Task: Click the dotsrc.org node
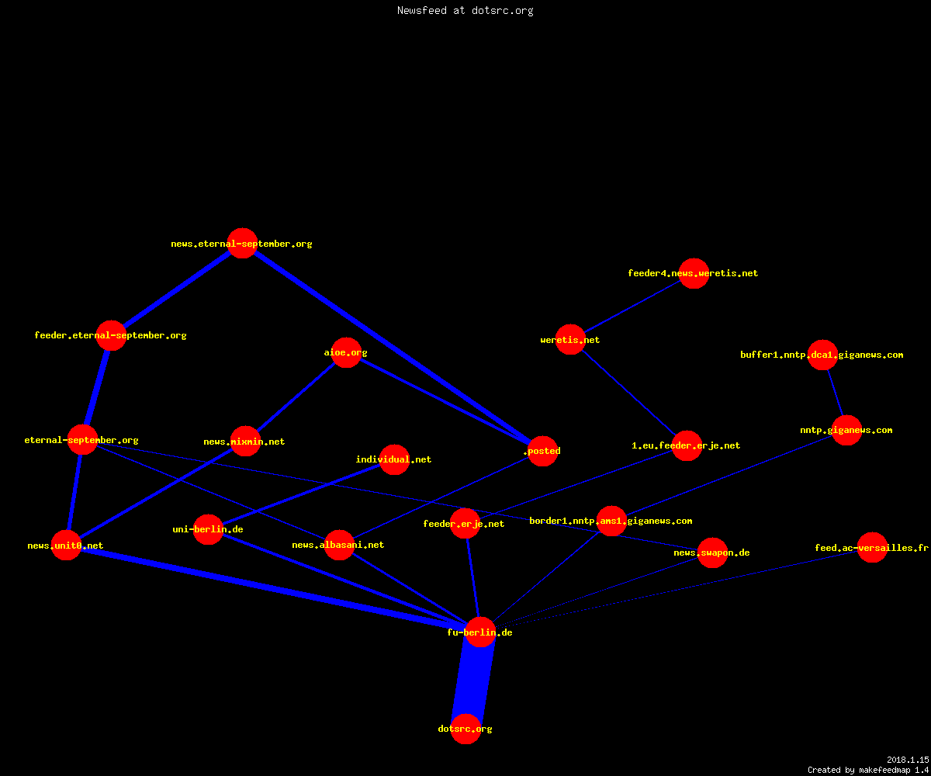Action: (x=465, y=729)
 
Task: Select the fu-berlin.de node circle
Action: (x=480, y=632)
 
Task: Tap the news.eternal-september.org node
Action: (x=242, y=243)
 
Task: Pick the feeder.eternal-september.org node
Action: (x=111, y=335)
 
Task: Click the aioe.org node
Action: (x=346, y=353)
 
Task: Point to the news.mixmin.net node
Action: (x=245, y=441)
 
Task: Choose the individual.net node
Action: (x=394, y=459)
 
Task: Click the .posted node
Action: (x=542, y=451)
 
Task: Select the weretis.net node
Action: (x=570, y=339)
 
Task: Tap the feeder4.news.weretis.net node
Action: (x=694, y=273)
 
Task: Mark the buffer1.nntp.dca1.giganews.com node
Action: (x=822, y=355)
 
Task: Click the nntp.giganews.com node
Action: (x=846, y=431)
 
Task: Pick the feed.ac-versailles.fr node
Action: (x=872, y=547)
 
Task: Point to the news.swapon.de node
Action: (x=712, y=553)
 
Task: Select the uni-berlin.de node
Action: (x=208, y=529)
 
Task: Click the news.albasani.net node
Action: (x=339, y=545)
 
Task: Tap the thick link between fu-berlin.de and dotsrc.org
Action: (x=473, y=681)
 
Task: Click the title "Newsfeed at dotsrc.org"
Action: (x=465, y=10)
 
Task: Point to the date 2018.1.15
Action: (x=908, y=760)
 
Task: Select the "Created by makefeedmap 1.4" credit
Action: (x=868, y=770)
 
